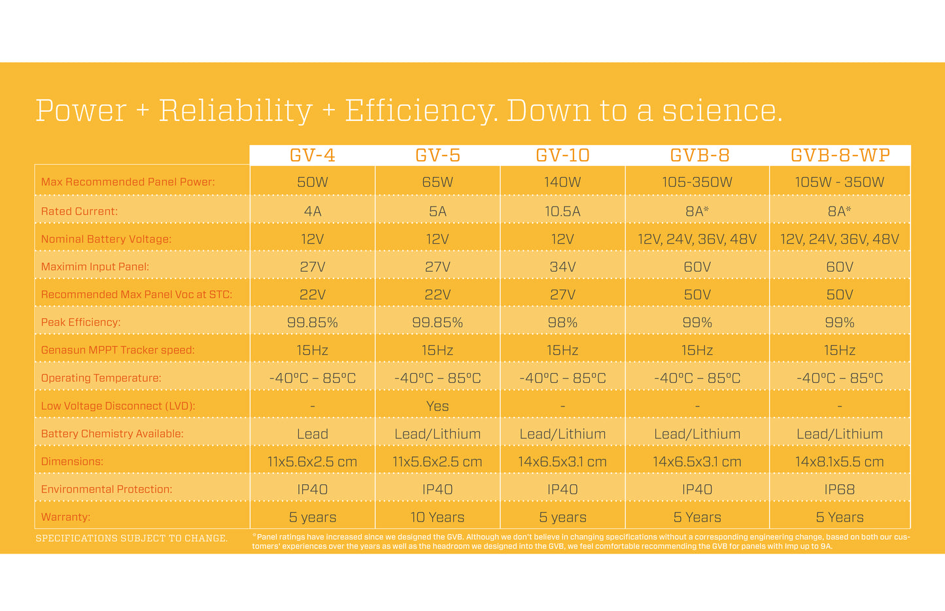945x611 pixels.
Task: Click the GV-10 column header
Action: point(562,156)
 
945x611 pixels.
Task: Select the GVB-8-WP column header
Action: point(840,156)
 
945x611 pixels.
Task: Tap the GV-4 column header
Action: point(313,156)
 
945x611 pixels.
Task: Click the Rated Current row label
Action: point(79,211)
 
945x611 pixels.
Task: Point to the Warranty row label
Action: point(65,517)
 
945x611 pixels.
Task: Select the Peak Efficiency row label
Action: point(80,322)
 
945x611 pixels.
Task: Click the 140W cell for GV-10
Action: point(562,182)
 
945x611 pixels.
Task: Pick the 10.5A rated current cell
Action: point(562,211)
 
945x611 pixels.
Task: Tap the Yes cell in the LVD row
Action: point(438,406)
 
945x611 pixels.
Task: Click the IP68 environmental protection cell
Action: point(840,489)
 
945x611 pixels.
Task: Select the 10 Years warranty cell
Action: point(438,517)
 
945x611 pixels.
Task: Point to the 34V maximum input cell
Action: point(562,267)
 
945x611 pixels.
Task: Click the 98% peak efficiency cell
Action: point(562,322)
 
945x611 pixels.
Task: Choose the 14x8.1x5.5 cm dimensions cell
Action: point(840,461)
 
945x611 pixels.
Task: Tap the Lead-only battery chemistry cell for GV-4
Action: point(313,434)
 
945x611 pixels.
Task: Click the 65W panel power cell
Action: point(438,182)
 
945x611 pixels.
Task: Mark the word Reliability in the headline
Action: point(236,110)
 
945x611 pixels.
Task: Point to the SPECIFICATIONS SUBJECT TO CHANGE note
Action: point(131,538)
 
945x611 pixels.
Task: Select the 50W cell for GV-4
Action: point(313,182)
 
